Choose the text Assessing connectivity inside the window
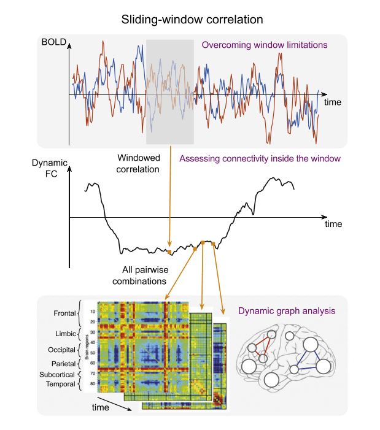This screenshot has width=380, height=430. click(260, 159)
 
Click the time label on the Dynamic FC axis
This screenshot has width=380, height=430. click(333, 224)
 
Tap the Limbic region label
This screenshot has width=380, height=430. click(63, 333)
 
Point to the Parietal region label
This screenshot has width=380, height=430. click(61, 363)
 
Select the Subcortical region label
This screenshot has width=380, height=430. click(56, 374)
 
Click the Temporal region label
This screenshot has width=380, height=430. click(59, 384)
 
